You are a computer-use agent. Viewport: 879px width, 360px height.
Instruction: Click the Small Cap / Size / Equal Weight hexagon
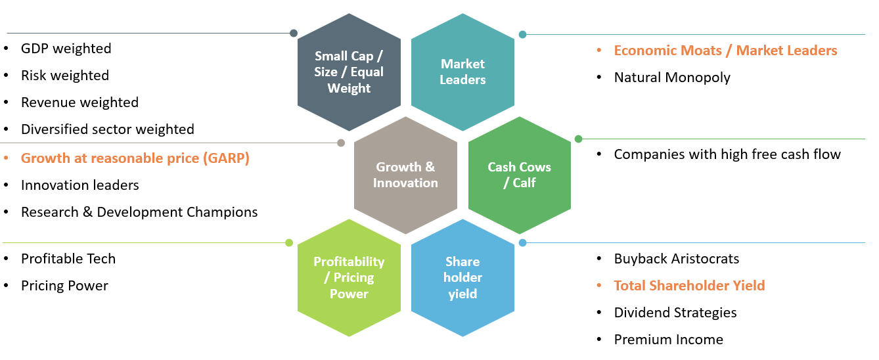point(349,72)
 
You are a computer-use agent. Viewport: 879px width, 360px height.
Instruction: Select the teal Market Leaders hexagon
point(462,72)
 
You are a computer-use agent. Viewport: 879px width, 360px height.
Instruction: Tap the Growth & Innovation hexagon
point(405,175)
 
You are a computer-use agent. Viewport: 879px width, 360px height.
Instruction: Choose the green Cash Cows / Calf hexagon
point(519,175)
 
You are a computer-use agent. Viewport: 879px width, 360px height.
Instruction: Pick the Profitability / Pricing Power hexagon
point(349,278)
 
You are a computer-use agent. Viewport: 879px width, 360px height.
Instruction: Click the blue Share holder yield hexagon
point(462,278)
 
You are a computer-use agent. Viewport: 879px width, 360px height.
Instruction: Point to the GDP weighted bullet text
point(66,49)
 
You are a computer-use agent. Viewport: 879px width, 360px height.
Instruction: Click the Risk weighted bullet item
point(64,76)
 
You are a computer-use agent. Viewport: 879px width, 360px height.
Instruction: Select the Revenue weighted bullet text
point(79,102)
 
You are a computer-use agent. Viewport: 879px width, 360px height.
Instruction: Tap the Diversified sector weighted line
point(107,129)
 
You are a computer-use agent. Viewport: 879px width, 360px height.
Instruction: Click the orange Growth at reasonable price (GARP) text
point(135,158)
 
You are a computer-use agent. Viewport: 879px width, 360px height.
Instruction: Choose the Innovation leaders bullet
point(79,185)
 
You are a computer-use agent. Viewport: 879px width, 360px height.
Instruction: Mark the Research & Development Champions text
point(139,212)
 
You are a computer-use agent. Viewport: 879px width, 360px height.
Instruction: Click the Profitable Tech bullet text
point(68,259)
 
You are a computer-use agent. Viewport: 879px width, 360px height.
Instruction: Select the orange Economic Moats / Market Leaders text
point(725,51)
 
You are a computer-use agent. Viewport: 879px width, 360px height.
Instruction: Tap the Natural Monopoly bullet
point(672,78)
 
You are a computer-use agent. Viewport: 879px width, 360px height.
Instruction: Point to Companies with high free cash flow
point(727,154)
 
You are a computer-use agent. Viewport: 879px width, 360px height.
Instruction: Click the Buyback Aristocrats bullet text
point(676,259)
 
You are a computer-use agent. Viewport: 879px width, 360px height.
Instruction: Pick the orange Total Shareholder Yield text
point(689,286)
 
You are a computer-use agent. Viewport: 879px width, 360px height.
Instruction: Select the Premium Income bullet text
point(668,340)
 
